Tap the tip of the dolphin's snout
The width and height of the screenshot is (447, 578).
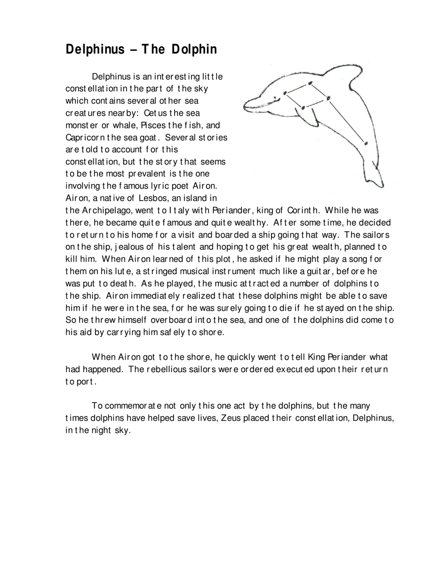245,107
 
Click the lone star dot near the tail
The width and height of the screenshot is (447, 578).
366,143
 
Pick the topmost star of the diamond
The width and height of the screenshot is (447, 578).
310,83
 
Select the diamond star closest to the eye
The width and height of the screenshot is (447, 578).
285,93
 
